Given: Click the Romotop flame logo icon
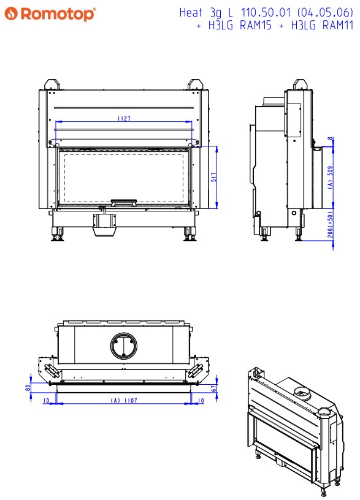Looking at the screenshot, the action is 11,13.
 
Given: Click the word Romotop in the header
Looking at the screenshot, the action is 58,14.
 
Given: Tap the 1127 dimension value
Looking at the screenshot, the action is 124,119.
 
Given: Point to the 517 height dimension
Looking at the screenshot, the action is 213,177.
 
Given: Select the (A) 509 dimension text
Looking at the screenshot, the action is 331,177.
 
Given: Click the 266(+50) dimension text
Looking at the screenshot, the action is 331,225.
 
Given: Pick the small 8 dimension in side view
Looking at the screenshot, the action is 331,138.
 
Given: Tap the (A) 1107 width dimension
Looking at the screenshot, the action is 124,400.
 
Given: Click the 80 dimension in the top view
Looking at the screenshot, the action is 28,388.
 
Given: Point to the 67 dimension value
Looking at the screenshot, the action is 214,388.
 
